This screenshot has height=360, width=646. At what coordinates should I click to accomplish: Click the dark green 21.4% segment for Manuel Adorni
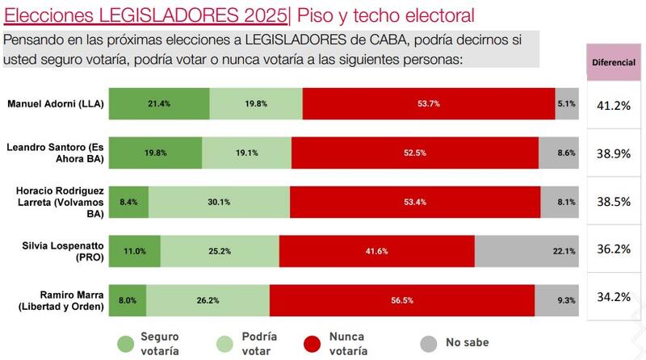(159, 103)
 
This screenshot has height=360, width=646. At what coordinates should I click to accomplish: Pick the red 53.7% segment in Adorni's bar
(428, 103)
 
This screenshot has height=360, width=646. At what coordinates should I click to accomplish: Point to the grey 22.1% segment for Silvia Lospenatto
(526, 251)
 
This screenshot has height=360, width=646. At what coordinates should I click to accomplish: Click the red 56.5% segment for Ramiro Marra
(401, 299)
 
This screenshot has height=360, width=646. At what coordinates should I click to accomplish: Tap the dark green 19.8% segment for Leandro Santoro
(155, 153)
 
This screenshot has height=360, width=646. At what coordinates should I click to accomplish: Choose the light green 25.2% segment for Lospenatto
(220, 251)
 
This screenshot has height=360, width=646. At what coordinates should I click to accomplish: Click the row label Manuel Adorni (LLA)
(53, 103)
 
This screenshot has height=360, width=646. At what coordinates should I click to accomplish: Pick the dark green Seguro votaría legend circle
(124, 341)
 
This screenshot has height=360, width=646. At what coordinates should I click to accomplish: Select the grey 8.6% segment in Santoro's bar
(558, 153)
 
